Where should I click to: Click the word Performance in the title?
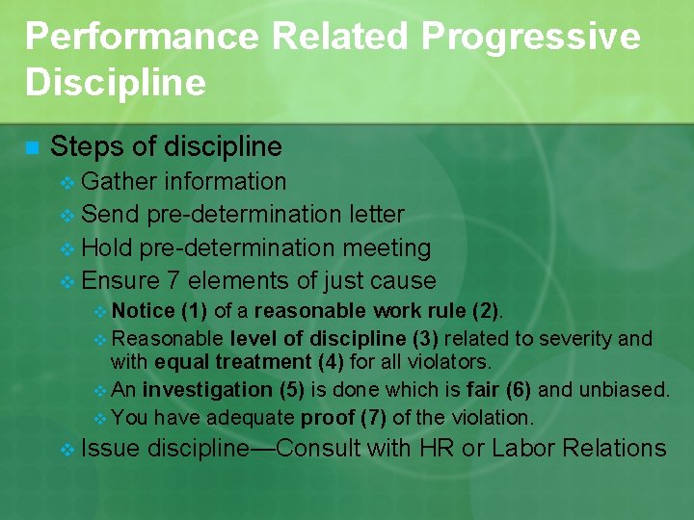(x=142, y=38)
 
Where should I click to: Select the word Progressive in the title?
(x=530, y=38)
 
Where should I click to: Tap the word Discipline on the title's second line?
(x=116, y=83)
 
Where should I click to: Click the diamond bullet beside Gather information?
(x=67, y=182)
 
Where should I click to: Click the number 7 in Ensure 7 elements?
(x=173, y=281)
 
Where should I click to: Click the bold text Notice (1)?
(x=159, y=311)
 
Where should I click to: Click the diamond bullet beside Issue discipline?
(x=67, y=449)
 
